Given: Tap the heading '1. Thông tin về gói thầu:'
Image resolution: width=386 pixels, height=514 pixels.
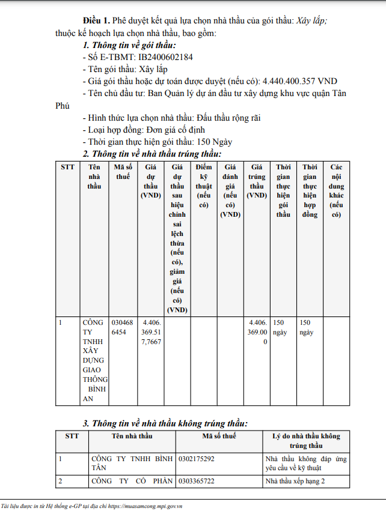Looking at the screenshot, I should [x=129, y=46].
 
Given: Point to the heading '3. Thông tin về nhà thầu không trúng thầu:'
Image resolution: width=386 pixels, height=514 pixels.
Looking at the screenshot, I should [x=165, y=423].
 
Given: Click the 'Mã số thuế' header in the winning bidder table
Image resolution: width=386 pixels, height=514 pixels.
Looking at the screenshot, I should [x=123, y=171].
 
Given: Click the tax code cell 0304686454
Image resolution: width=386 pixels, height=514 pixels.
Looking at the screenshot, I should [x=123, y=327].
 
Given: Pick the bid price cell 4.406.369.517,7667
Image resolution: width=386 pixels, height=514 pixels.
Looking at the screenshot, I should [x=150, y=332].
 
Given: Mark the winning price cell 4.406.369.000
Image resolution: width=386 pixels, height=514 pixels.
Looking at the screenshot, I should [x=257, y=332].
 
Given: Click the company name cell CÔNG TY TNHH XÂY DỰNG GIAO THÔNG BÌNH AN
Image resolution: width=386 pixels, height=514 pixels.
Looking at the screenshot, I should [x=95, y=360].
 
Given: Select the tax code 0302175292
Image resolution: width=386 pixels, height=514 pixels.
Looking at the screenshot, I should [x=197, y=459].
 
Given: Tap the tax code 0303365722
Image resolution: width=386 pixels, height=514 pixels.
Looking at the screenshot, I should [x=197, y=482].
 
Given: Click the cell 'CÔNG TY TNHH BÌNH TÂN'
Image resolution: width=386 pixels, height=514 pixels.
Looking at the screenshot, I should [x=131, y=463].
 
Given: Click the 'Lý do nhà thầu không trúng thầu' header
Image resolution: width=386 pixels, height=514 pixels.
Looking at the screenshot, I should [x=306, y=441].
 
